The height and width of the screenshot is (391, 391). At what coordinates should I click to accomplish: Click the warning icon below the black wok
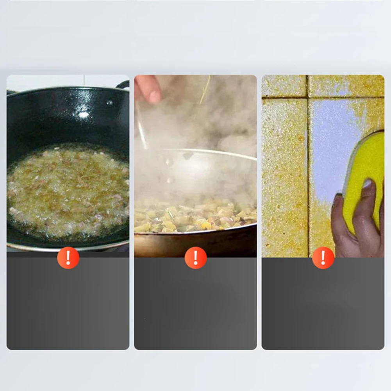[68, 258]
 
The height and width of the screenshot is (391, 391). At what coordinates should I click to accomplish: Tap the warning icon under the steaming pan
[196, 258]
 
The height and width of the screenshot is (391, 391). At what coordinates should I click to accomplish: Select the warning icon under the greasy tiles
[323, 258]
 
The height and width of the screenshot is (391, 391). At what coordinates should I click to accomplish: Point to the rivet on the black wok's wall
[110, 103]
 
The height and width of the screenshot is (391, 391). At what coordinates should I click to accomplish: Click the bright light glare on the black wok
[84, 114]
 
